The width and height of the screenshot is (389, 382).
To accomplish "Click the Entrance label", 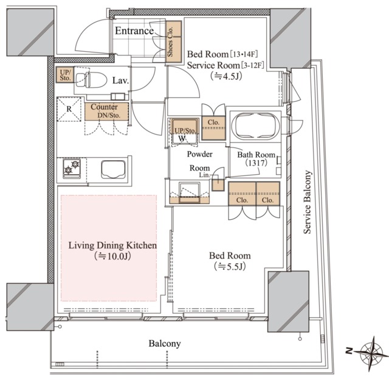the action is [x=134, y=31].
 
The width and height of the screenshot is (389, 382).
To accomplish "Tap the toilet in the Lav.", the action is [x=91, y=80].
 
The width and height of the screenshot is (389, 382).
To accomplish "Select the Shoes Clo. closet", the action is [x=174, y=41].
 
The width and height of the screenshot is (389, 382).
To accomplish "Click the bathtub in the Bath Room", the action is [x=255, y=126].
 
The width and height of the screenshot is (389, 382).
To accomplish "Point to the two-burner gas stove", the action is [x=72, y=168].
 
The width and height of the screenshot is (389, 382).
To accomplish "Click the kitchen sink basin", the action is [x=113, y=169].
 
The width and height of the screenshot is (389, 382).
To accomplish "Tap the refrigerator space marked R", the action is [x=69, y=109].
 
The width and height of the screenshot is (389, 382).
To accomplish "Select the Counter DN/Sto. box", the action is [x=106, y=111].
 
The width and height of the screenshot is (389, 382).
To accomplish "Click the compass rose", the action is [x=371, y=353].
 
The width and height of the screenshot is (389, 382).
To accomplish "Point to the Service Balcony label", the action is [x=307, y=202].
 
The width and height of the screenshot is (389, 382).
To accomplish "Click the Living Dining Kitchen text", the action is [x=112, y=246].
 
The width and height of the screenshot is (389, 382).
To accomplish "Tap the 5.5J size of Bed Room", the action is [x=230, y=267].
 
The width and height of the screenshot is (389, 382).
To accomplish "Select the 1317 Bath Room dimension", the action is [x=256, y=163].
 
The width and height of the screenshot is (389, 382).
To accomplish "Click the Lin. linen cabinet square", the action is [x=218, y=185].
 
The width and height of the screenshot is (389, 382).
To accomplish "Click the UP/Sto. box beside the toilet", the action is [x=65, y=74].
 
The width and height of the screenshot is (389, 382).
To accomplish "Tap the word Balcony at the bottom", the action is [x=165, y=344].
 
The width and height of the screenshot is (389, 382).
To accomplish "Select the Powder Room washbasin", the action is [x=190, y=193].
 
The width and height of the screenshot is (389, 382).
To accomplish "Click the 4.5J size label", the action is [x=225, y=76].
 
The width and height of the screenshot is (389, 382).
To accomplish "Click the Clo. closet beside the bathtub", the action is [x=213, y=128].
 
